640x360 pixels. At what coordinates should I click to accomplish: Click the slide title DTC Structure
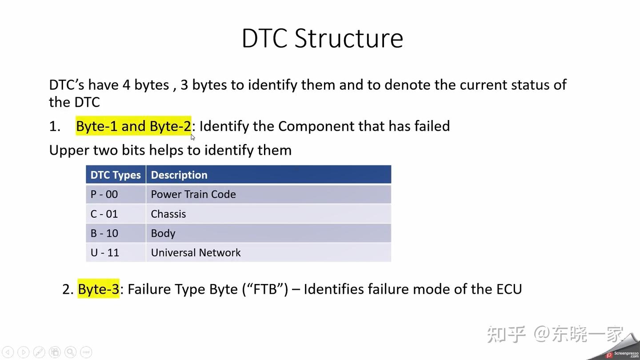[322, 38]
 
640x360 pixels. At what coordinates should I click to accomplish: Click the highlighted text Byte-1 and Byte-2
[133, 126]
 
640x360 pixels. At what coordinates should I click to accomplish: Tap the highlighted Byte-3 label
[99, 289]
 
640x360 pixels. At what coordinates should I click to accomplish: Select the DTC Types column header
[116, 175]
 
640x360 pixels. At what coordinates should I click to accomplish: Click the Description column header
[179, 175]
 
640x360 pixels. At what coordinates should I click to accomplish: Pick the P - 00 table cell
[104, 194]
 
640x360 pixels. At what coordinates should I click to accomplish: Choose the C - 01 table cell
[104, 214]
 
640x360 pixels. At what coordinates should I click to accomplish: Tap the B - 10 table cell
[104, 233]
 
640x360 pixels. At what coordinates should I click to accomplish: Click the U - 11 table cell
[105, 252]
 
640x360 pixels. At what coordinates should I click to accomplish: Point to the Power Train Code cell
[193, 194]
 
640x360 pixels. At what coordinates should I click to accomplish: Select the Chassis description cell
[168, 214]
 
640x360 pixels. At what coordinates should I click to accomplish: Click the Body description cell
[163, 233]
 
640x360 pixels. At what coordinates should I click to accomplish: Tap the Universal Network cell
[196, 252]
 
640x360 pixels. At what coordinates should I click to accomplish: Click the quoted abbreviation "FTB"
[265, 289]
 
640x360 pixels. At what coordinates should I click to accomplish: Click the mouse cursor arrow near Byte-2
[192, 137]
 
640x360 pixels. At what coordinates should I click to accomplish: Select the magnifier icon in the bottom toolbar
[70, 352]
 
